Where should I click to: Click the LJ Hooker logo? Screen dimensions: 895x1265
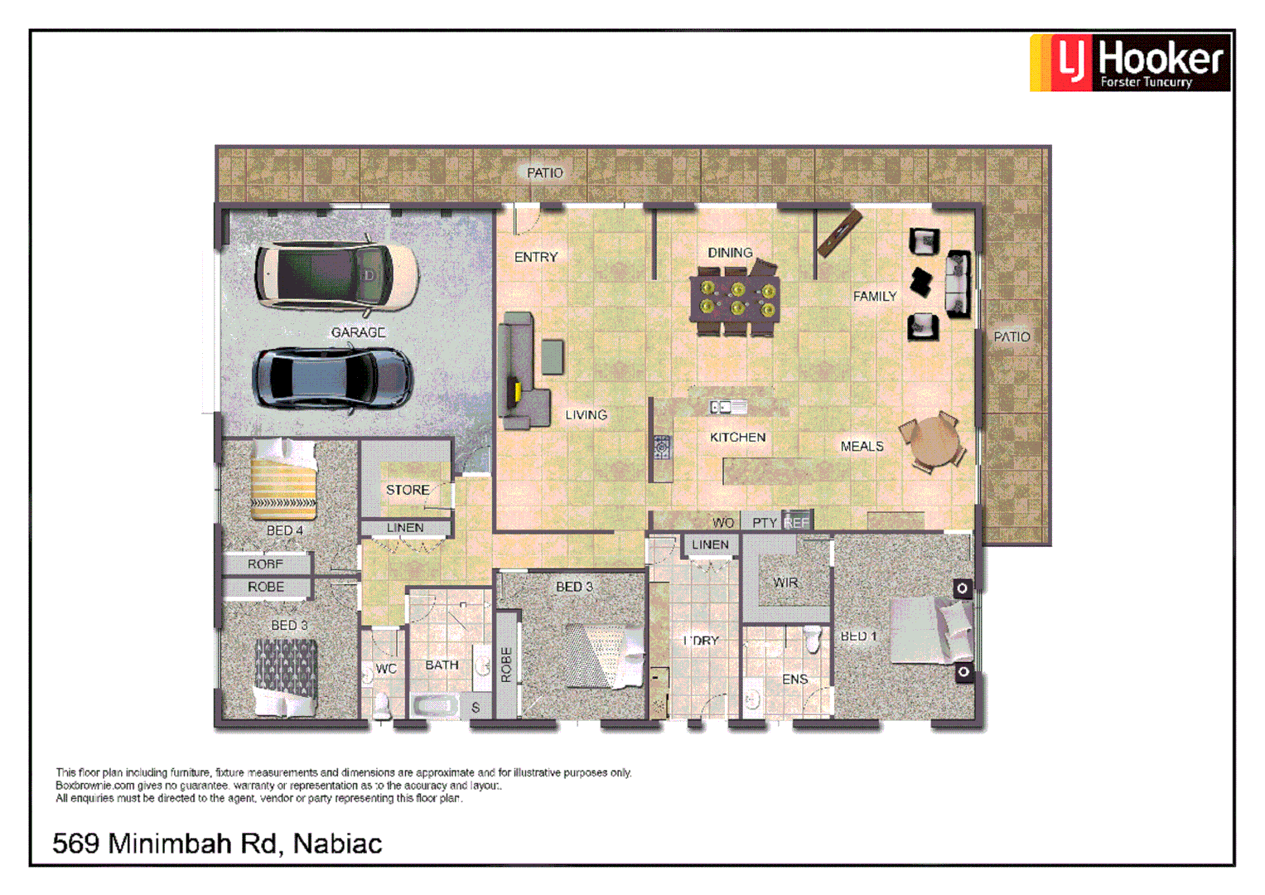pyautogui.click(x=1130, y=62)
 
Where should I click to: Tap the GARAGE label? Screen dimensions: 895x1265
pyautogui.click(x=358, y=332)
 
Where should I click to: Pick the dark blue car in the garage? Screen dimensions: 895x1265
pyautogui.click(x=332, y=377)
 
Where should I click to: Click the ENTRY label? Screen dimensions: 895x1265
pyautogui.click(x=536, y=257)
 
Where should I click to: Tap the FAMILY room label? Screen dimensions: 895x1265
pyautogui.click(x=875, y=296)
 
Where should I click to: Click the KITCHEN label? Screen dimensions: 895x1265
pyautogui.click(x=737, y=437)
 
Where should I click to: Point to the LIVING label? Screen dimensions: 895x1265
pyautogui.click(x=586, y=414)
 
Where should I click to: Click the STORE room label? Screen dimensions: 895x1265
pyautogui.click(x=408, y=490)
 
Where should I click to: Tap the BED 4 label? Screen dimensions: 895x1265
pyautogui.click(x=284, y=530)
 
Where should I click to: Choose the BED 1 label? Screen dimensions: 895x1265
pyautogui.click(x=858, y=636)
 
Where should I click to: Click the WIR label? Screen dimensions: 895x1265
pyautogui.click(x=785, y=583)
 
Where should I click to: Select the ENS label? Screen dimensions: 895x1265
pyautogui.click(x=794, y=680)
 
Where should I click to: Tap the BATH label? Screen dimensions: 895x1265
pyautogui.click(x=442, y=665)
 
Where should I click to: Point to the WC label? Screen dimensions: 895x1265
pyautogui.click(x=386, y=669)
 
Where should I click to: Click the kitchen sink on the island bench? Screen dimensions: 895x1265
pyautogui.click(x=728, y=407)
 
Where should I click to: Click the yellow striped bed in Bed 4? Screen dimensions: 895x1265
pyautogui.click(x=283, y=480)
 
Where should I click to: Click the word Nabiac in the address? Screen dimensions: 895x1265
pyautogui.click(x=337, y=844)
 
